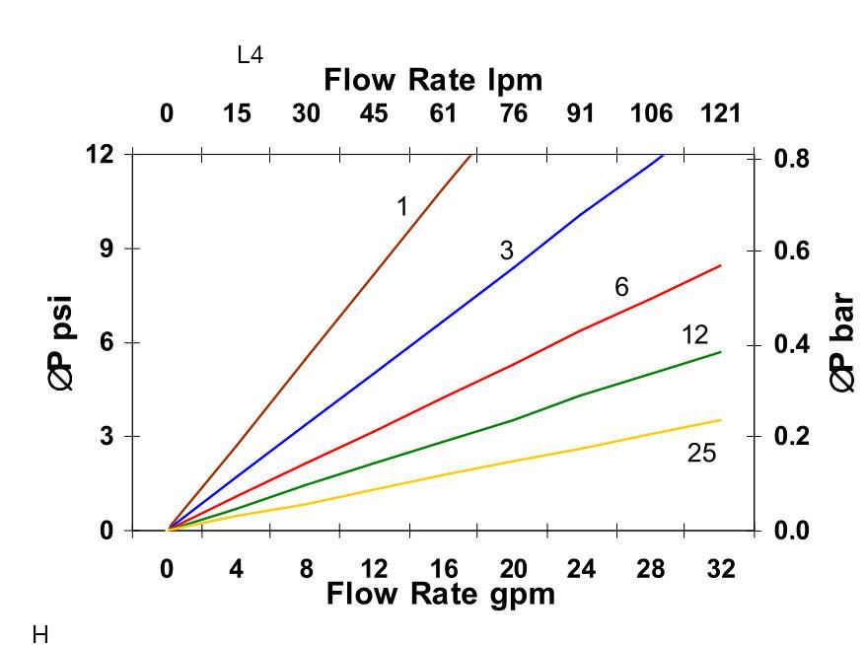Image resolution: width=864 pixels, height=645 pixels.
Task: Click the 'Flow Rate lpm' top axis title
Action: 433,79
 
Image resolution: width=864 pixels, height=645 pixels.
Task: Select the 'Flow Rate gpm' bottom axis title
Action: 440,594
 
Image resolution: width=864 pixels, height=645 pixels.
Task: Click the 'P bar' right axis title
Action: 842,342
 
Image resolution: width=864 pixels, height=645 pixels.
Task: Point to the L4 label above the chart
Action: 251,55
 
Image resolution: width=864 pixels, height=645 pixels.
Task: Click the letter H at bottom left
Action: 40,634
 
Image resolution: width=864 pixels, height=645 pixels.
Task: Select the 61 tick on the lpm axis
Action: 443,113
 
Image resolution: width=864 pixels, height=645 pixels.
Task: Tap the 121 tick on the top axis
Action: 720,113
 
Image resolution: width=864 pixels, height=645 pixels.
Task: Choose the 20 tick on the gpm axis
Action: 513,569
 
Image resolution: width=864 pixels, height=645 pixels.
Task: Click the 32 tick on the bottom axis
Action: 721,569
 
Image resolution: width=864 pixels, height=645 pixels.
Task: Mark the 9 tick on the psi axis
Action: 105,249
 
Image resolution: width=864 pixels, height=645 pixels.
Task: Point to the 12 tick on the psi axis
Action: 100,155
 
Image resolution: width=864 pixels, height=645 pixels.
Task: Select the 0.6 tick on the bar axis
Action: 791,251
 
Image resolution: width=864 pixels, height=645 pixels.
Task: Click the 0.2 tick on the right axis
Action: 791,437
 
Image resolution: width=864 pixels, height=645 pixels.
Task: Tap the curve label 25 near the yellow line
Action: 701,454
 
